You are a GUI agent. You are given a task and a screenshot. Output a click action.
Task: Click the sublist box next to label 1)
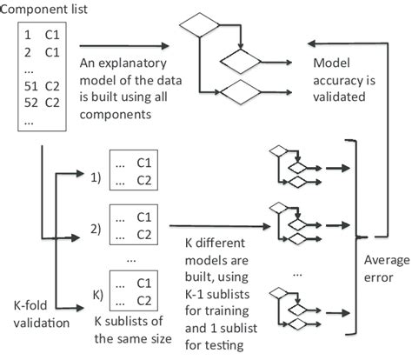pyautogui.click(x=135, y=170)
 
